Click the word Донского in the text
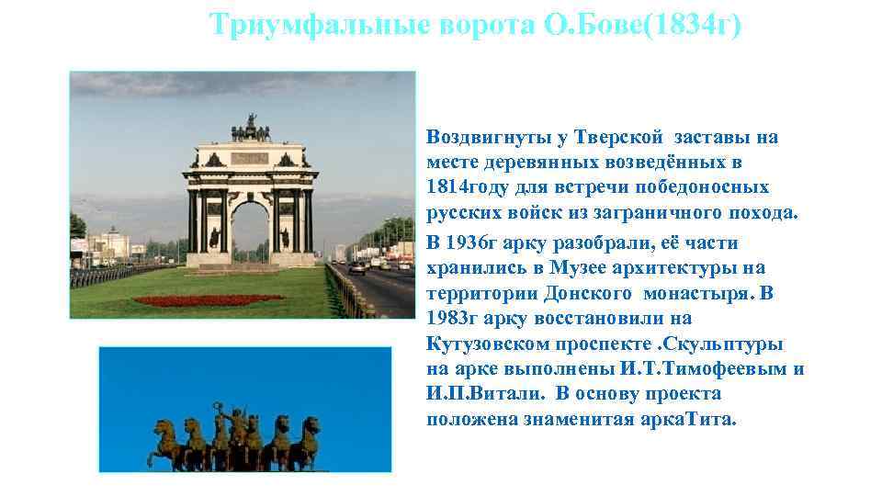tap(591, 294)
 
